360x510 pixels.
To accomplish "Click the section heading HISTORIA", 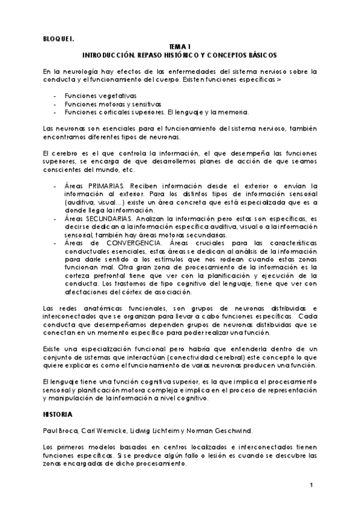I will [x=58, y=414].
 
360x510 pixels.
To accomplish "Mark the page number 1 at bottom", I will [x=312, y=485].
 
